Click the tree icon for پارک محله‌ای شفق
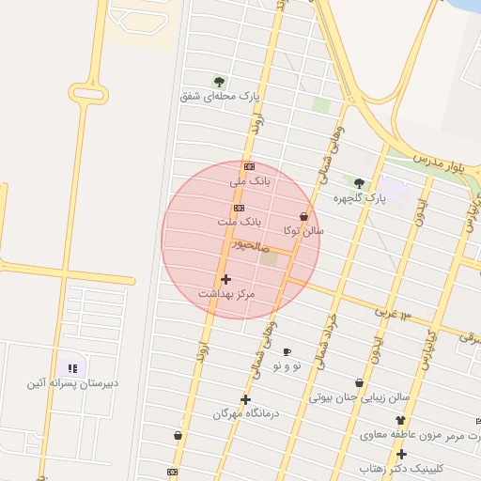click(x=220, y=82)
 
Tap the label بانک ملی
click(x=250, y=178)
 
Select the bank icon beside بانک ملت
click(x=240, y=208)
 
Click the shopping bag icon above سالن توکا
click(x=303, y=217)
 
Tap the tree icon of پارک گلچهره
click(x=359, y=183)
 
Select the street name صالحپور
click(x=253, y=243)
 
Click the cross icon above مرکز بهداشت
click(x=225, y=279)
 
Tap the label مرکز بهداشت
click(x=226, y=294)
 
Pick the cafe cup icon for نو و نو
click(x=287, y=351)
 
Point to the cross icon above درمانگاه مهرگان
click(x=245, y=399)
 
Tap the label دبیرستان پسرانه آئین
click(x=71, y=383)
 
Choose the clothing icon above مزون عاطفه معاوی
click(x=401, y=420)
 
